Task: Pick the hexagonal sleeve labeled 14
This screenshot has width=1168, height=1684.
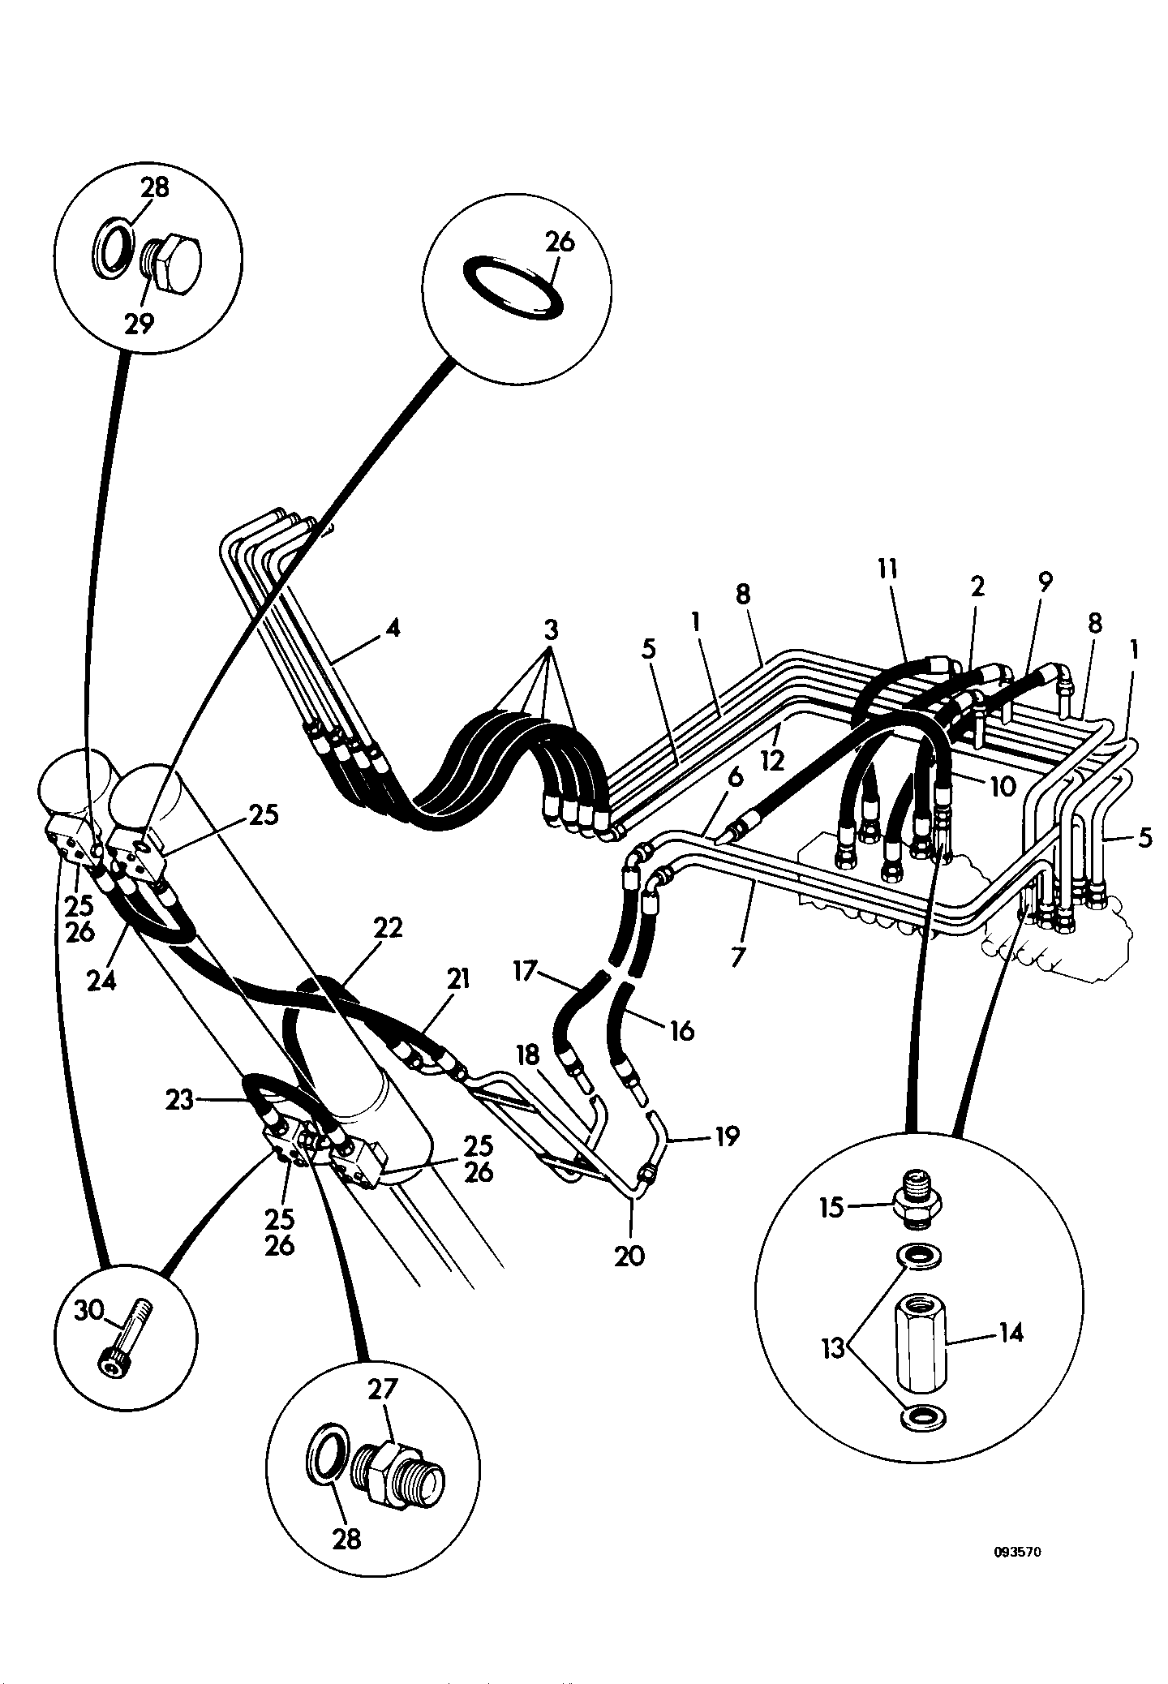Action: [x=921, y=1343]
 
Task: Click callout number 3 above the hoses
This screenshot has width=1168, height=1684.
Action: [x=551, y=631]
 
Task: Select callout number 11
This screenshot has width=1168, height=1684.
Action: [x=888, y=570]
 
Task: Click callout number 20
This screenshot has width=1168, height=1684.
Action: [x=629, y=1257]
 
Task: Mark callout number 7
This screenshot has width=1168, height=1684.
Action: [x=737, y=957]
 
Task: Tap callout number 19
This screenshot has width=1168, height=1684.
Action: [x=727, y=1136]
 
